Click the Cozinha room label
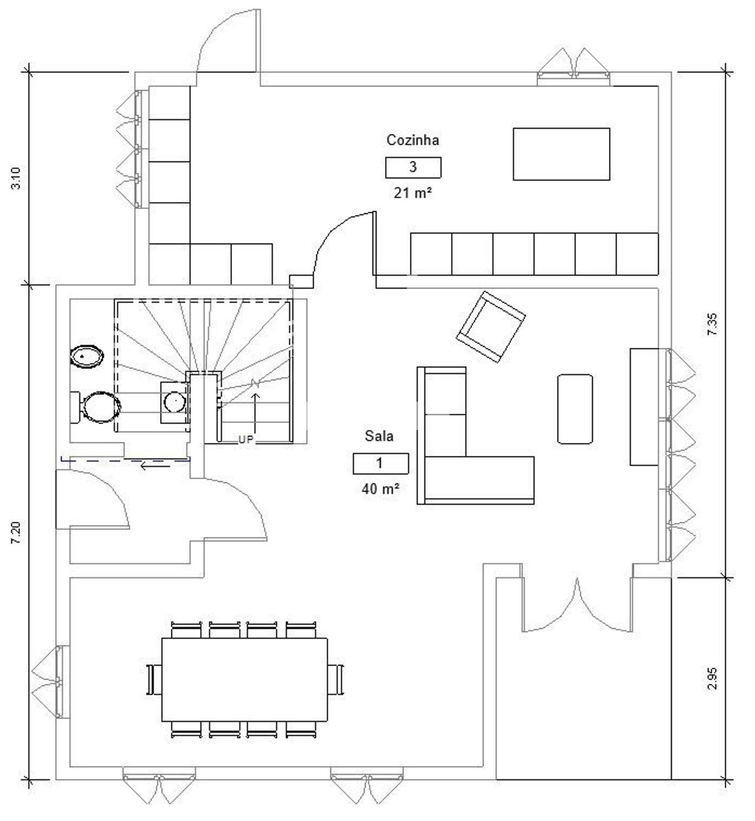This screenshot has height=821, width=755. click(413, 140)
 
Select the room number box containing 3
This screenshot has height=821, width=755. click(413, 167)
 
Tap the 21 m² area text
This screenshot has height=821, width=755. click(413, 193)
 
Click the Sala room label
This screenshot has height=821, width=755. click(379, 436)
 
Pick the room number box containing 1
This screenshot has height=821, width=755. click(380, 464)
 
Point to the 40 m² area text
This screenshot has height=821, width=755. click(380, 489)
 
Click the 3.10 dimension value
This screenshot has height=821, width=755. click(16, 178)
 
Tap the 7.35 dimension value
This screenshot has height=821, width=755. click(712, 325)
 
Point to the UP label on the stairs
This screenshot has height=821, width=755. click(246, 439)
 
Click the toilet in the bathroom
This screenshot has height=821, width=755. click(95, 407)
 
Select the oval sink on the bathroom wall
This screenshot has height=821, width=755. click(87, 356)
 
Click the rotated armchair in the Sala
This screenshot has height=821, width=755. click(491, 327)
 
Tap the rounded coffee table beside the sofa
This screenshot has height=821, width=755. click(575, 409)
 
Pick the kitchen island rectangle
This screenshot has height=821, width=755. click(562, 154)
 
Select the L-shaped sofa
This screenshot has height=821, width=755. click(476, 436)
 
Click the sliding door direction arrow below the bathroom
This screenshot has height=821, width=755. click(155, 466)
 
